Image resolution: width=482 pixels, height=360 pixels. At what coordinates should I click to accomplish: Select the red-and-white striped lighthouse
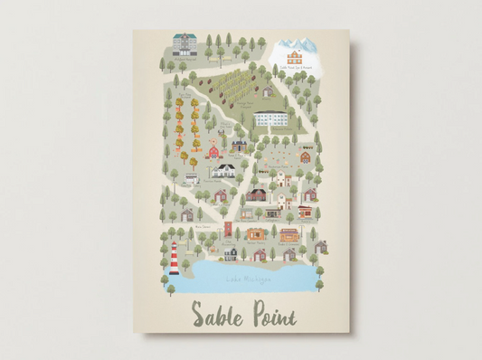coord(173,256)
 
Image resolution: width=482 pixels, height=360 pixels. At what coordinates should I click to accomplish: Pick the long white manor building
coord(272,119)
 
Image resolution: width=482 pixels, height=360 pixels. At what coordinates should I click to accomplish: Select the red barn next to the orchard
coord(213,151)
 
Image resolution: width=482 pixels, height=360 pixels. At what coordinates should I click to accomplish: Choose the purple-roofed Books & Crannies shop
coord(288,234)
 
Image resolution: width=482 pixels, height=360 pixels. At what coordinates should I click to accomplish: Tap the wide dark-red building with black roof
coord(258,194)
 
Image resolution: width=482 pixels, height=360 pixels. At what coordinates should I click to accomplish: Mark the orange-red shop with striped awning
coord(306,213)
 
